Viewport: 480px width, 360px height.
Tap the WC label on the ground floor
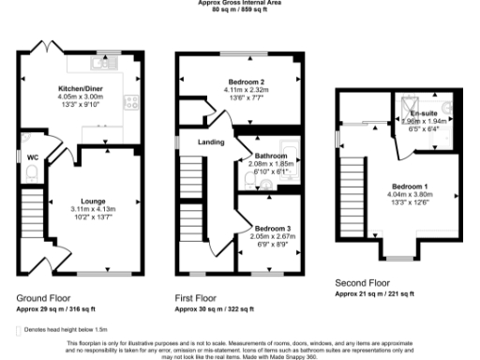33,157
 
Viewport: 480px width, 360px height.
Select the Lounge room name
91,202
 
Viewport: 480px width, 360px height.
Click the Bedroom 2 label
243,82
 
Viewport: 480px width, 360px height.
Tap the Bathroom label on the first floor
270,155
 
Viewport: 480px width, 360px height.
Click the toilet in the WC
31,172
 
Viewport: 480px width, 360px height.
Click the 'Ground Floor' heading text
43,297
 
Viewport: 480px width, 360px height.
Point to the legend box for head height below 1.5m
20,330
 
